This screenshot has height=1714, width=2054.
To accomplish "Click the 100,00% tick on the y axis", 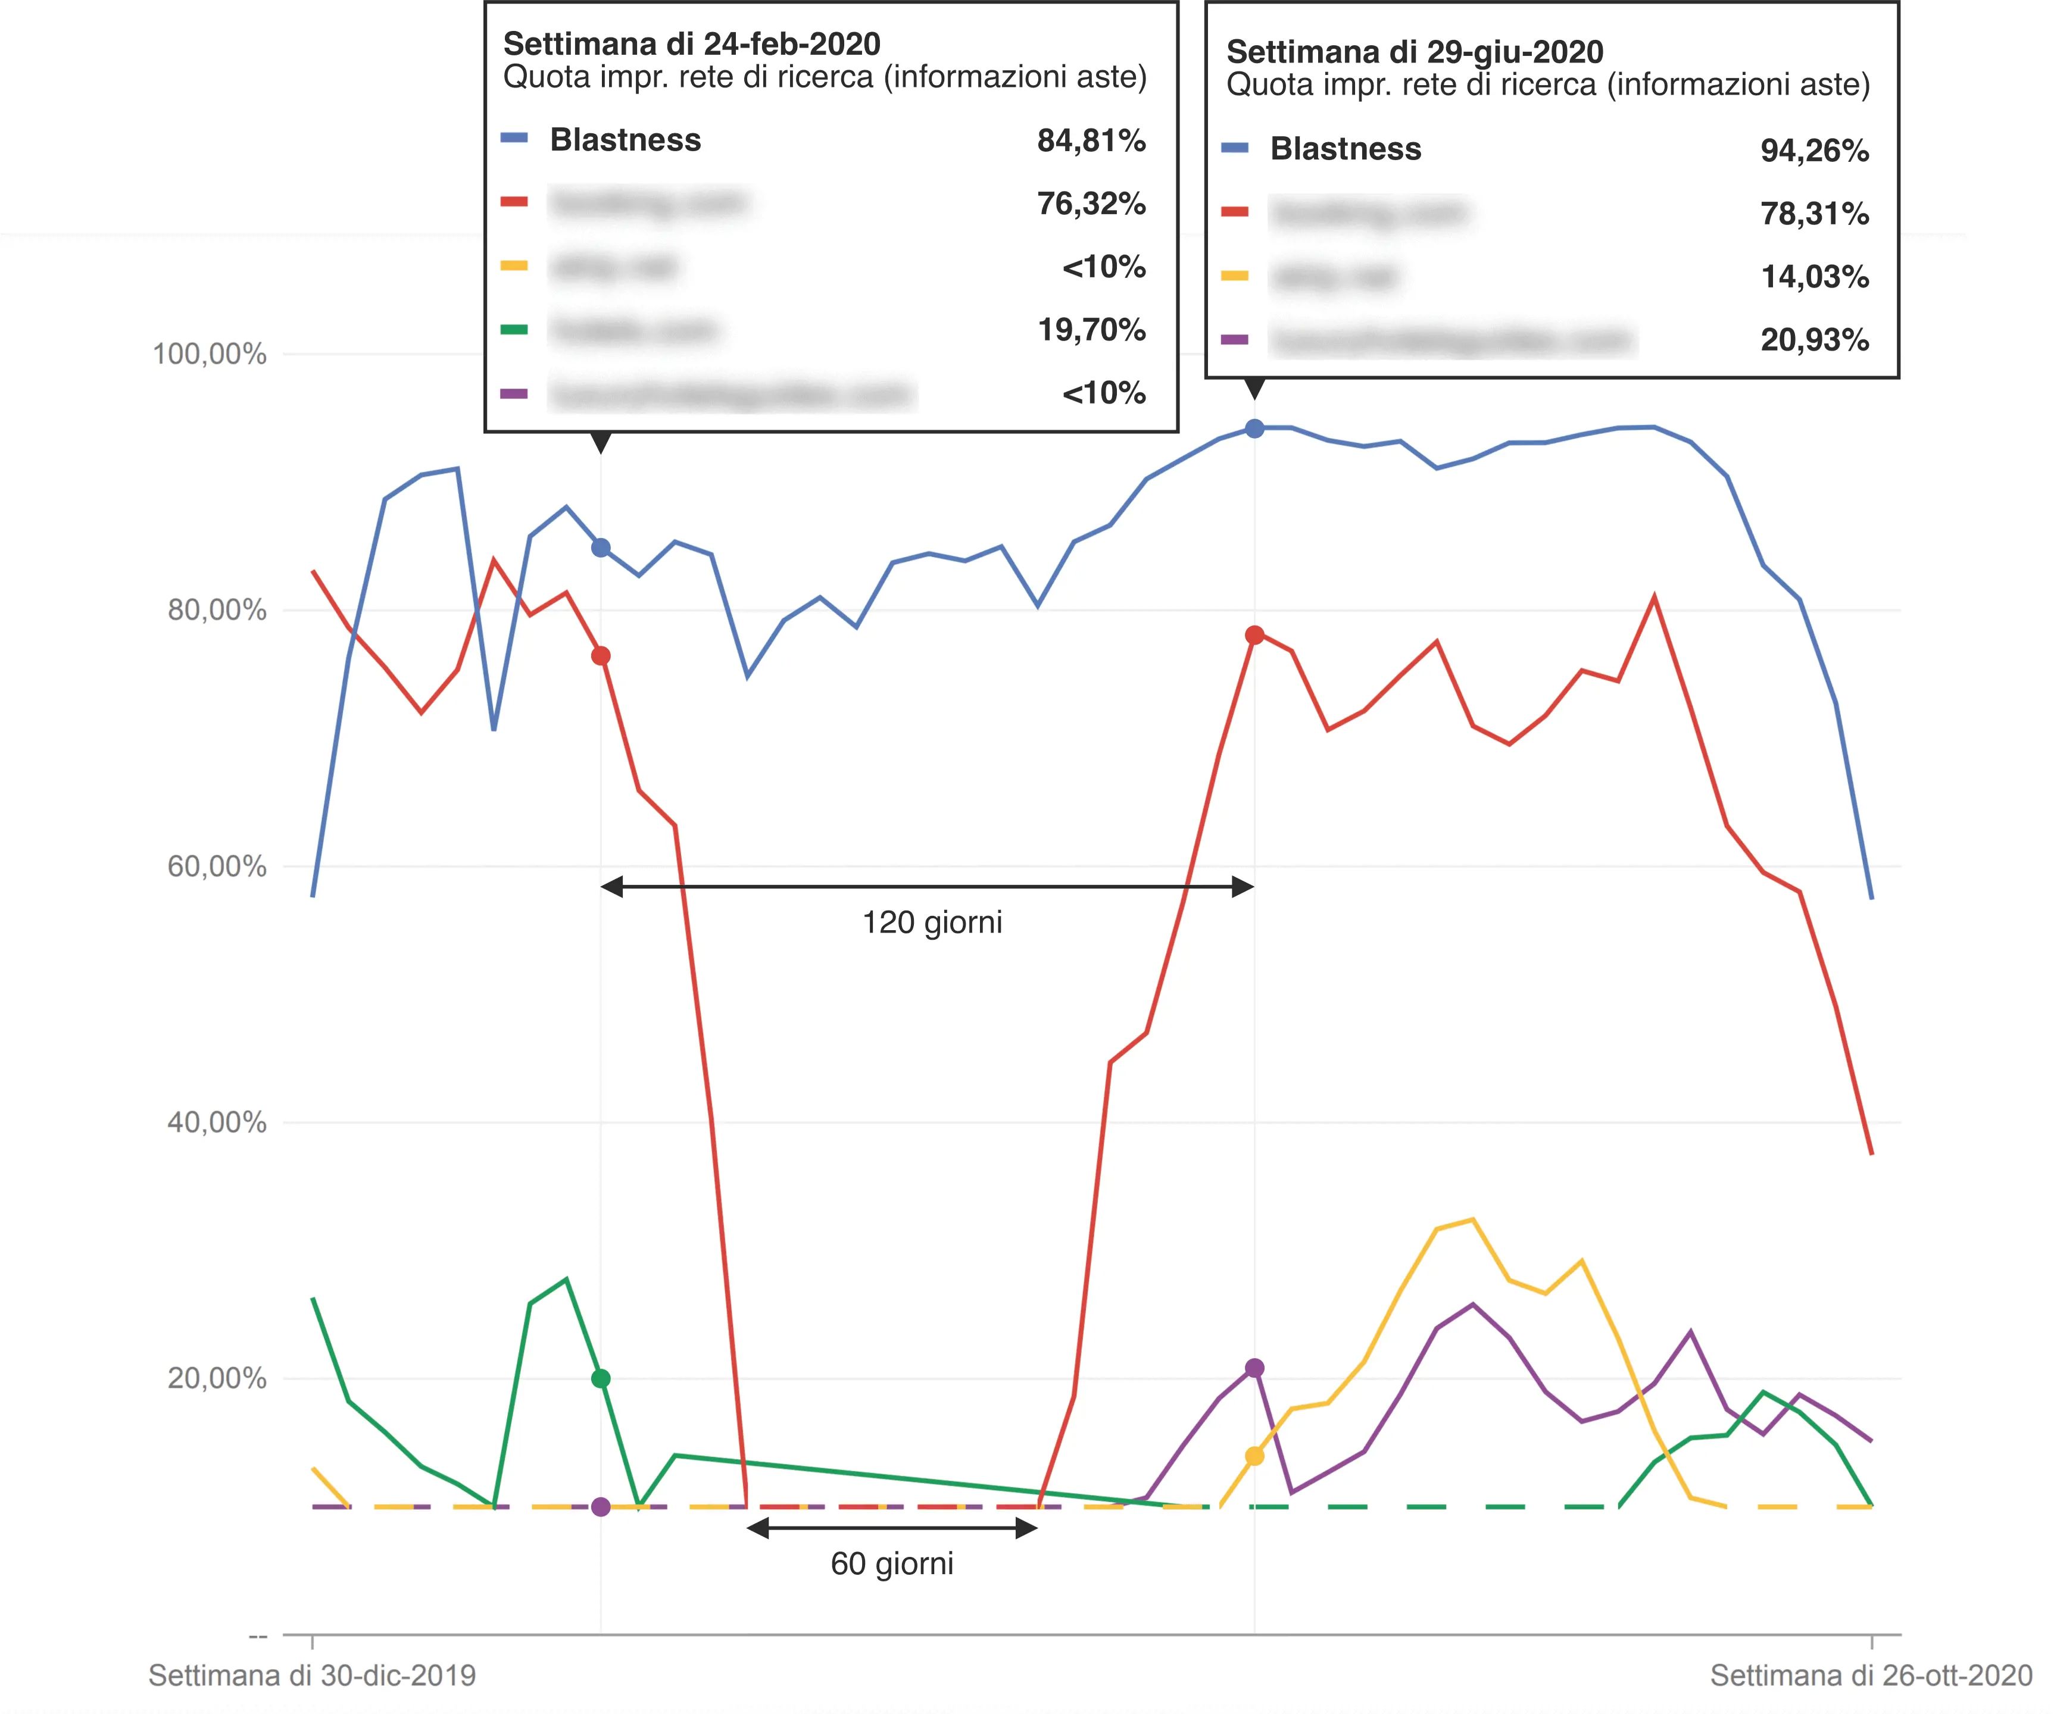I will (x=210, y=354).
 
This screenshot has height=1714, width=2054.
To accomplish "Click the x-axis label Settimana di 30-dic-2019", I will (x=312, y=1676).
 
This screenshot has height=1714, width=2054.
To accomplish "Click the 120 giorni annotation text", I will (x=932, y=922).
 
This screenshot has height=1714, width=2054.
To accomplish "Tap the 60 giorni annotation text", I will (x=892, y=1563).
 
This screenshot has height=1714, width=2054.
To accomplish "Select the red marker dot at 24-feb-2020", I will (x=601, y=656).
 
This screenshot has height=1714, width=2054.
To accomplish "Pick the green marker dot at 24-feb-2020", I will (x=601, y=1378).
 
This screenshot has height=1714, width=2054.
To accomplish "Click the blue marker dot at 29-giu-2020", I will (x=1255, y=428).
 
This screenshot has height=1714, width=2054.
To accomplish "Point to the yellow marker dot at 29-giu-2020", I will (x=1255, y=1456).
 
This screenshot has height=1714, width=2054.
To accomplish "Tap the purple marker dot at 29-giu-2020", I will (x=1255, y=1368).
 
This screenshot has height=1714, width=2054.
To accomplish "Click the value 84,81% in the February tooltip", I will (x=1091, y=141).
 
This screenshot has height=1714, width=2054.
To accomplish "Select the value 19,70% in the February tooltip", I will (x=1091, y=330).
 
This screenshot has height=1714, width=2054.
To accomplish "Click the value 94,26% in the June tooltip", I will (x=1815, y=151).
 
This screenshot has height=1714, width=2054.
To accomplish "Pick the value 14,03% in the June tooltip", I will (x=1815, y=277).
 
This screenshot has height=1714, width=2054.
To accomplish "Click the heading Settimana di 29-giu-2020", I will (x=1415, y=52).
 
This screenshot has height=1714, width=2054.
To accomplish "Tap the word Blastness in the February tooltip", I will (x=626, y=140).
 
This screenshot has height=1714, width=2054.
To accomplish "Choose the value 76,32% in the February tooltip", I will (x=1091, y=204).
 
